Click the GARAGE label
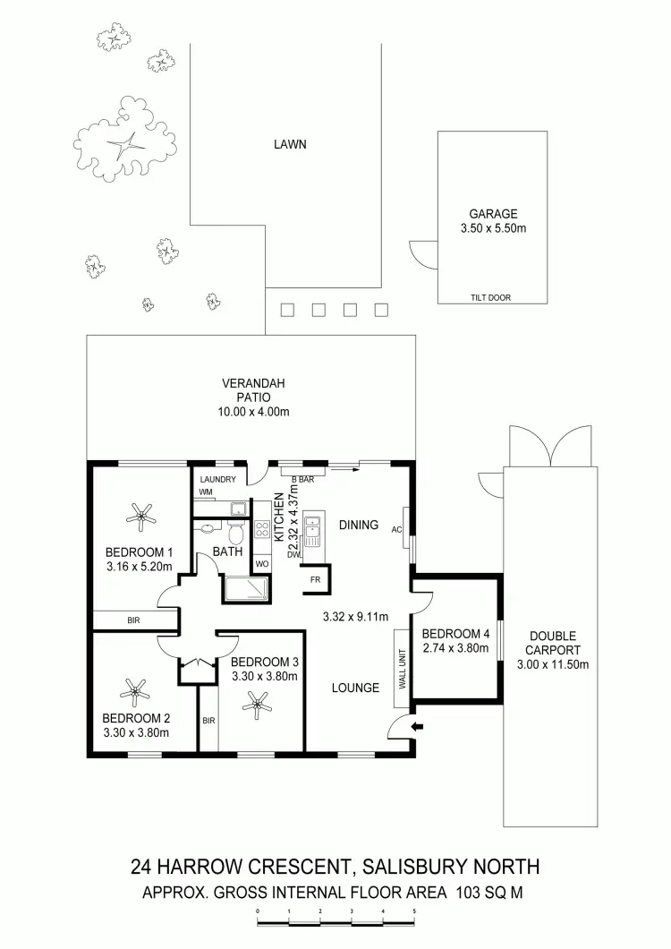pyautogui.click(x=493, y=214)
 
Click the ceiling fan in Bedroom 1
pyautogui.click(x=139, y=514)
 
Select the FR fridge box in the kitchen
pyautogui.click(x=315, y=578)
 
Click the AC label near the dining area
pyautogui.click(x=396, y=529)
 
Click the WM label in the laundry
pyautogui.click(x=206, y=492)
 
